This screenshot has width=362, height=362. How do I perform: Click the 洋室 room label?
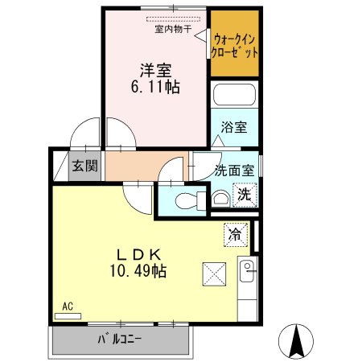(155, 70)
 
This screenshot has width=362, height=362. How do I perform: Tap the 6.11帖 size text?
(155, 87)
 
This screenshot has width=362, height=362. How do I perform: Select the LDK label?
(138, 255)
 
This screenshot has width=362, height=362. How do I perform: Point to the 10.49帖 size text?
(138, 270)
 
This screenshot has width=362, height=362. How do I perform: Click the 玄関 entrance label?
(84, 166)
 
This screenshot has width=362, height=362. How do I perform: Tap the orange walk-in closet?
(235, 43)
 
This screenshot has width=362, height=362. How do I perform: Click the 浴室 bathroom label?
(234, 127)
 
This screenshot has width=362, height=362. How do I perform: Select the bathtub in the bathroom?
(234, 95)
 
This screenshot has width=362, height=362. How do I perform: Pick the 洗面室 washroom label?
(234, 171)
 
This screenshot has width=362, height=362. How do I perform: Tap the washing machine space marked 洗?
(245, 195)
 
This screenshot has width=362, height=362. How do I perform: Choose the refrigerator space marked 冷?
(236, 235)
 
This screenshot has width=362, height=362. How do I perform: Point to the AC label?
(68, 306)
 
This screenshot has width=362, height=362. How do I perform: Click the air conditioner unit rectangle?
(68, 316)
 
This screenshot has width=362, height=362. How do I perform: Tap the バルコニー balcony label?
(120, 339)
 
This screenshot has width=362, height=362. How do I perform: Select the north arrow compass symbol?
(296, 341)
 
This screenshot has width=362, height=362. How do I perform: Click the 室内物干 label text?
(173, 29)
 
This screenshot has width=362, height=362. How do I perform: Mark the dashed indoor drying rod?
(174, 19)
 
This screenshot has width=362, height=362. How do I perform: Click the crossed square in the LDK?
(214, 274)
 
